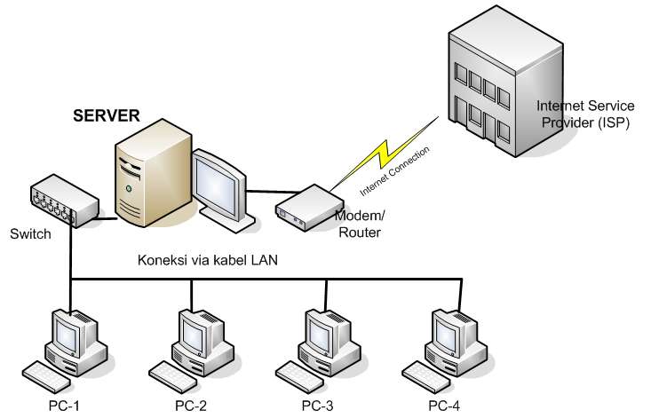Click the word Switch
coord(30,235)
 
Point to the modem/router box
coord(304,209)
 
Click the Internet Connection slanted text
coord(395,171)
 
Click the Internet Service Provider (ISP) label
coord(583,114)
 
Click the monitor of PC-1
coord(69,333)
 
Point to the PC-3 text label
coord(316,406)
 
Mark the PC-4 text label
coord(443,406)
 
